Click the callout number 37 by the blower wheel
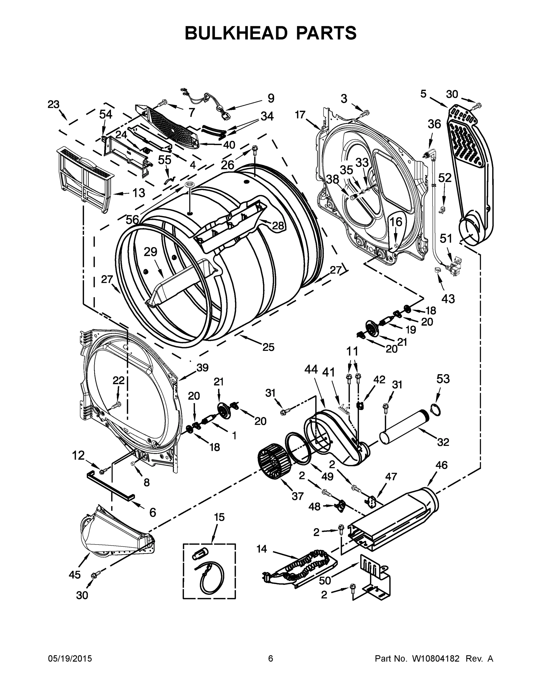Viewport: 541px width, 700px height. click(x=297, y=496)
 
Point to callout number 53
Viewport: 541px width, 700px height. click(x=443, y=379)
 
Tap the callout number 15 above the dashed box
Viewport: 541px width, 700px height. click(x=220, y=517)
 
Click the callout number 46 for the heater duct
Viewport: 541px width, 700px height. click(x=441, y=465)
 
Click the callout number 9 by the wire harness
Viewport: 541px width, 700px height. click(x=271, y=98)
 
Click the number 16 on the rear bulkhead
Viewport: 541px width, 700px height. click(x=396, y=222)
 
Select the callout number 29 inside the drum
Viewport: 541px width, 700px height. click(x=150, y=252)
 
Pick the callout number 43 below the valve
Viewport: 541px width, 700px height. click(x=448, y=299)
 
